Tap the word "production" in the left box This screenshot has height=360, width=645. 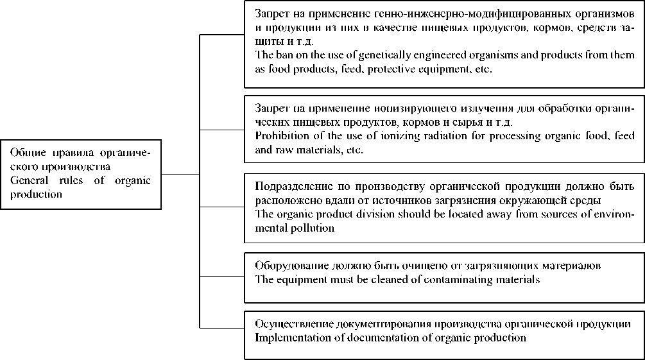click(37, 194)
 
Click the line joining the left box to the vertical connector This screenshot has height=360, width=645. click(180, 174)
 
